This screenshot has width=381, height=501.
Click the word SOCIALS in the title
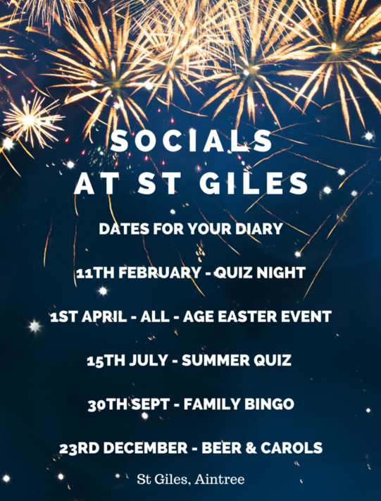(x=191, y=142)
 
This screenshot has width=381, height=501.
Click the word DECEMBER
(x=146, y=448)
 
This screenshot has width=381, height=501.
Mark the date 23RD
(x=80, y=448)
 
